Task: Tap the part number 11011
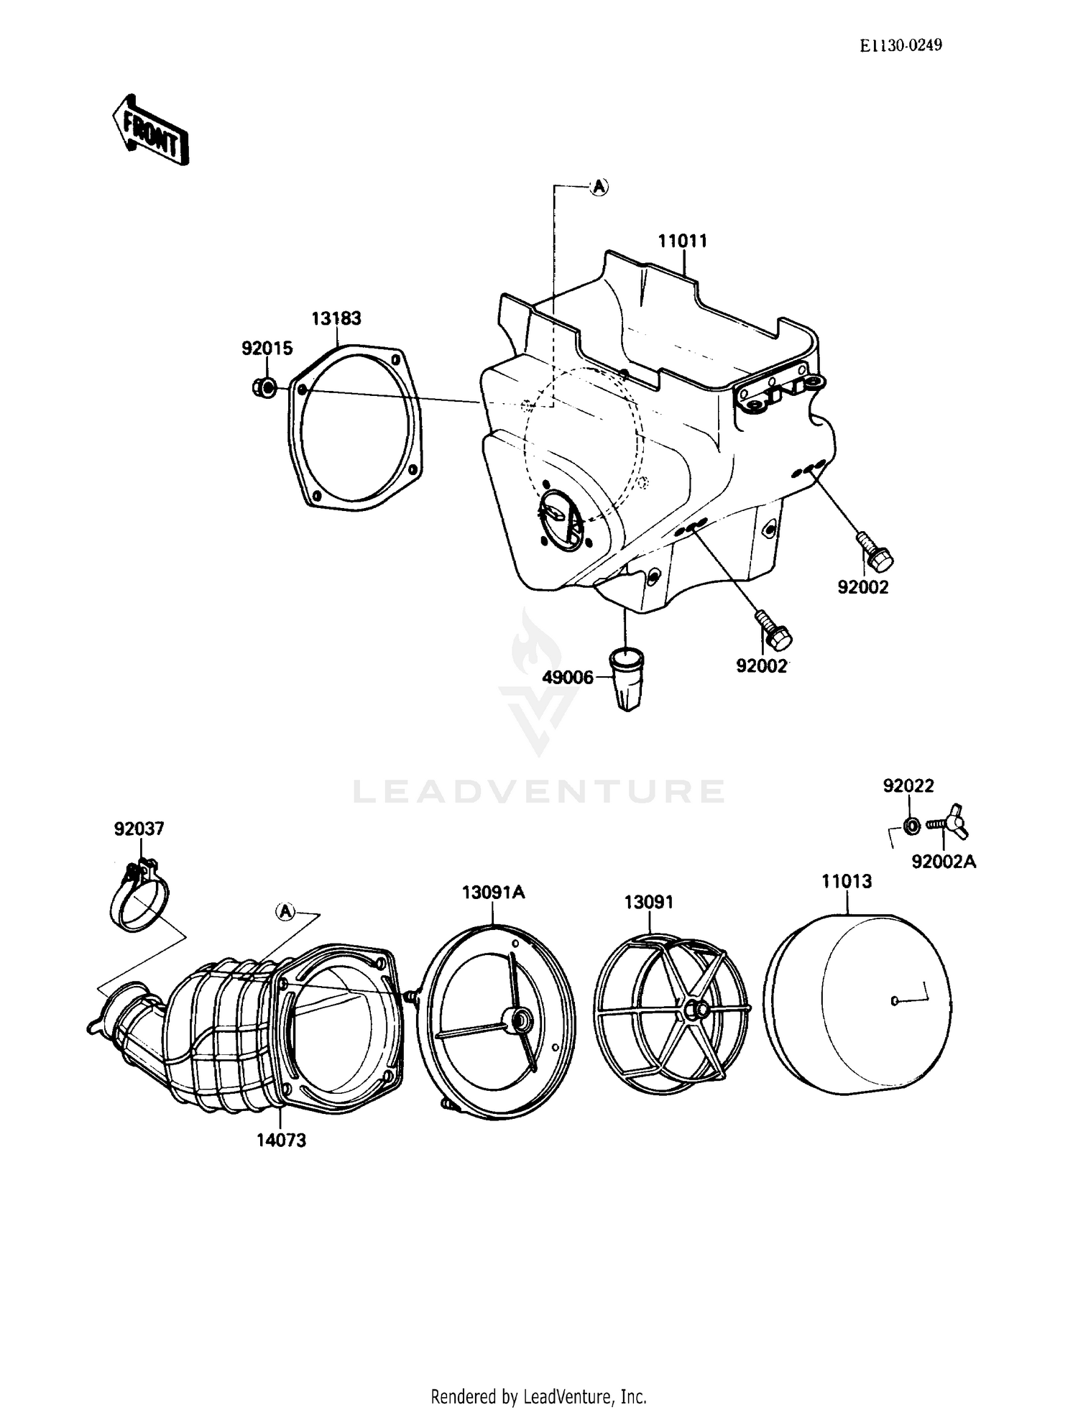pyautogui.click(x=682, y=241)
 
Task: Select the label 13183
pyautogui.click(x=336, y=318)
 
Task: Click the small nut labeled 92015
pyautogui.click(x=264, y=388)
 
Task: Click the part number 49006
pyautogui.click(x=568, y=677)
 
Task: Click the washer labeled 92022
pyautogui.click(x=911, y=826)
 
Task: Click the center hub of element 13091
pyautogui.click(x=693, y=1009)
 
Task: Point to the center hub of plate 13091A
pyautogui.click(x=517, y=1019)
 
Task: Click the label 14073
pyautogui.click(x=281, y=1141)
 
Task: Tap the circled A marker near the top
pyautogui.click(x=599, y=188)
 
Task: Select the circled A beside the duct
pyautogui.click(x=286, y=912)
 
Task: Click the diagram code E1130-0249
pyautogui.click(x=901, y=45)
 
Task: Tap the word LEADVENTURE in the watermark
pyautogui.click(x=538, y=791)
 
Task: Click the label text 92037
pyautogui.click(x=139, y=829)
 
